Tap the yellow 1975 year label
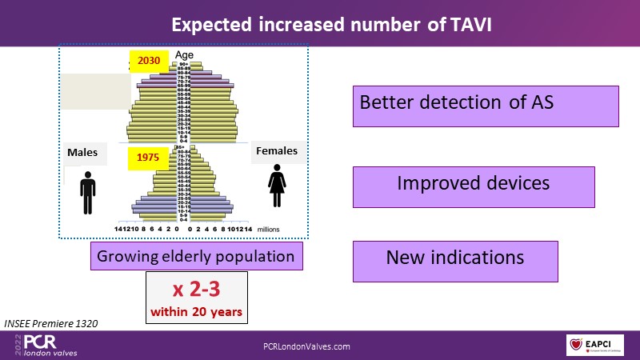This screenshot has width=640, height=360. pos(148,158)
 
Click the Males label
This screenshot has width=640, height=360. pos(83,152)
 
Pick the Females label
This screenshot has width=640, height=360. pos(276,150)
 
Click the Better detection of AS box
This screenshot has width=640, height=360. pos(486,106)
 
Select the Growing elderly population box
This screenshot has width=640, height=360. pos(196,257)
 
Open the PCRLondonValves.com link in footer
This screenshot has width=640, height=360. pos(307,346)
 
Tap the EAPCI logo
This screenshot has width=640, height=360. pos(596,345)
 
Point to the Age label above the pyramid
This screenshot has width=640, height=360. pos(184,55)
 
